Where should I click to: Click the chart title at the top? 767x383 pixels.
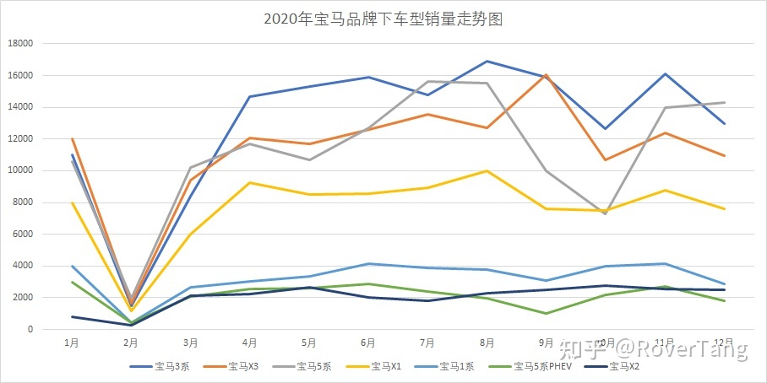click(383, 19)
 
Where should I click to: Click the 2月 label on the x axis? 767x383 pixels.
click(131, 343)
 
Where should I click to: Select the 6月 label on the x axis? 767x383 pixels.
click(368, 343)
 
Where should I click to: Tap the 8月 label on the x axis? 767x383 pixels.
click(487, 343)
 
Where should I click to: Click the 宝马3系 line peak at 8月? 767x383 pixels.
click(487, 62)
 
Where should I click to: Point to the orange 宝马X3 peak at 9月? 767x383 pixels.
click(547, 75)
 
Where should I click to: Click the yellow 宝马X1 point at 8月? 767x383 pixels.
click(487, 171)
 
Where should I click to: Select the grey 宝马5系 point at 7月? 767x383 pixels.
click(427, 82)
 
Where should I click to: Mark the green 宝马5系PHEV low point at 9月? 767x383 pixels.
click(547, 313)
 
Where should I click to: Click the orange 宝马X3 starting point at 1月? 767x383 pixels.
click(73, 139)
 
